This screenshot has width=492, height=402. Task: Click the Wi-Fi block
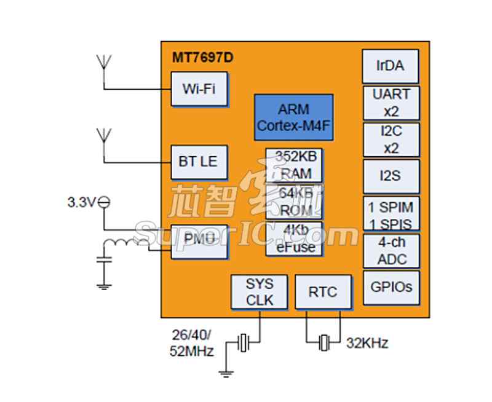click(199, 89)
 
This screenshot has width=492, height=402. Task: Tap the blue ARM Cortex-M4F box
click(294, 117)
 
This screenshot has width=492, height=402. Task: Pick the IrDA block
click(391, 66)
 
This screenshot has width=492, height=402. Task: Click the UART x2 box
click(391, 103)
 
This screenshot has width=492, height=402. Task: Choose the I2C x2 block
click(391, 140)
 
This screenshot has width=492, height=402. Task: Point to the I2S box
click(391, 176)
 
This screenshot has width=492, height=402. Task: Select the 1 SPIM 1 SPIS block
click(391, 214)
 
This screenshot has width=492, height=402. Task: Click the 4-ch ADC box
click(391, 250)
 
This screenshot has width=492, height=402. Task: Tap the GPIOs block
click(391, 287)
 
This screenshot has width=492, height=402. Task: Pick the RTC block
click(323, 292)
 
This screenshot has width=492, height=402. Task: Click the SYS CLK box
click(260, 292)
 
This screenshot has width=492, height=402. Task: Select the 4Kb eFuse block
click(294, 239)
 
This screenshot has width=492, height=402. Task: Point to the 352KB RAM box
click(294, 165)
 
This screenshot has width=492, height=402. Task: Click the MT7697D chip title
click(203, 58)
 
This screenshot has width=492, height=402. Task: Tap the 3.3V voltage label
click(82, 202)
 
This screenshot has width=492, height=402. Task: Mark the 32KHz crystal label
click(367, 343)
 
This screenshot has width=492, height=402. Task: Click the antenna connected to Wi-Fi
click(104, 64)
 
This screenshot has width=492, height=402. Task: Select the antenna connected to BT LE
click(104, 136)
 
